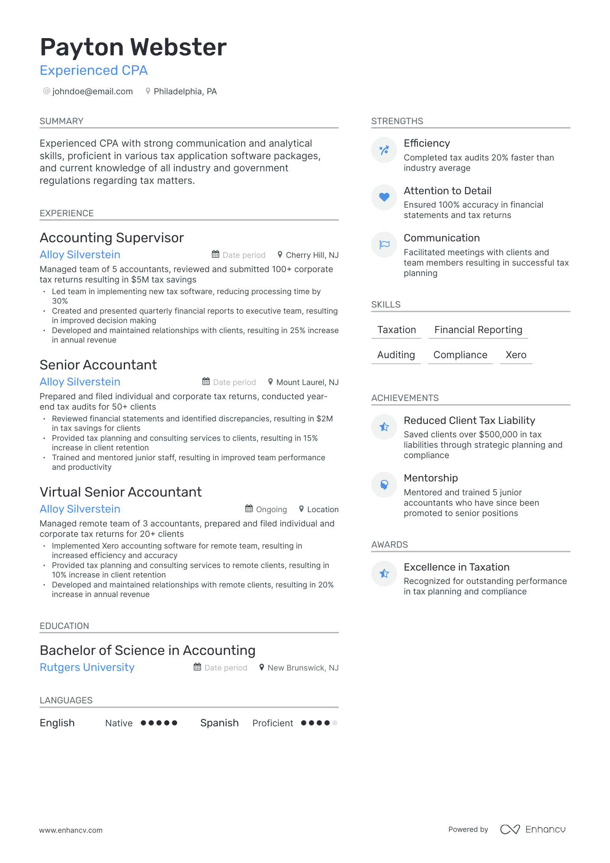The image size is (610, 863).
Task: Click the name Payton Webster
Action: coord(133,47)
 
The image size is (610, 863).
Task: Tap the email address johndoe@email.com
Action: coord(92,92)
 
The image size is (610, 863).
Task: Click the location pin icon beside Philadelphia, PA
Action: coord(148,91)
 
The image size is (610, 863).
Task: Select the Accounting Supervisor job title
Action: coord(112,238)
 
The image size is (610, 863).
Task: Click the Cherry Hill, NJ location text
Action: coord(312,255)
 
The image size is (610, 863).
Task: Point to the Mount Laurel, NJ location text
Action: coord(307,382)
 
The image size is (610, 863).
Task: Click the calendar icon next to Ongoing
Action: coord(249,509)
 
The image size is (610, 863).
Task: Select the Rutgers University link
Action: coord(87,667)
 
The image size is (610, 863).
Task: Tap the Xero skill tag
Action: coord(516,355)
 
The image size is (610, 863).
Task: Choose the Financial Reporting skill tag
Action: coord(478,330)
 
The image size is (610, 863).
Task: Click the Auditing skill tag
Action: coord(396,355)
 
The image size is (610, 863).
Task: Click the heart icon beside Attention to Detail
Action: coord(384,197)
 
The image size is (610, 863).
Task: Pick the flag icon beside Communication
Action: coord(384,245)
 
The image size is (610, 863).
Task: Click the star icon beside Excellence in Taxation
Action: coord(384,574)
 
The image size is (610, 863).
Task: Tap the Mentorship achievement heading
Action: coord(430,478)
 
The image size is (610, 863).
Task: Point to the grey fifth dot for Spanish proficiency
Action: coord(334,723)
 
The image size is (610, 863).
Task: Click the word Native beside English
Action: coord(119,723)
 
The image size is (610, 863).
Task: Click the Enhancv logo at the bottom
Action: coord(533,829)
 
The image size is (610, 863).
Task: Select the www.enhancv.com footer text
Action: coord(71,830)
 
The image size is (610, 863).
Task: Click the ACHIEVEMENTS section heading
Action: coord(405,398)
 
